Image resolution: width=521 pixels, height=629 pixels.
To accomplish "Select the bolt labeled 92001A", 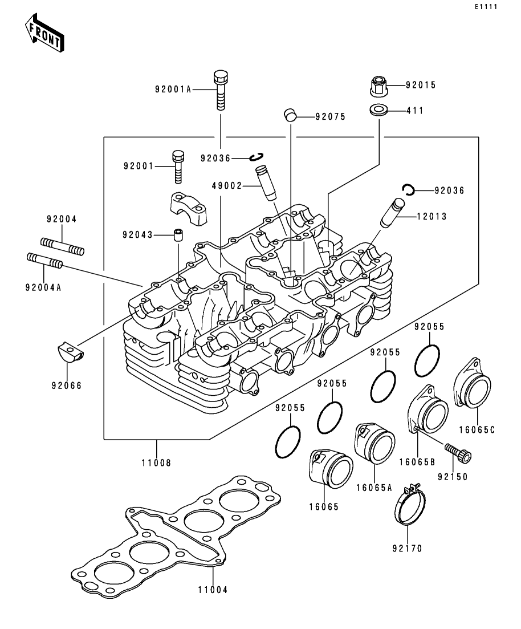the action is pyautogui.click(x=220, y=90).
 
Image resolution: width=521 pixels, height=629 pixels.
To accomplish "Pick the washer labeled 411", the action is pyautogui.click(x=378, y=110).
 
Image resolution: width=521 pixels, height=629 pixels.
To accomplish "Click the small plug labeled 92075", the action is pyautogui.click(x=290, y=114).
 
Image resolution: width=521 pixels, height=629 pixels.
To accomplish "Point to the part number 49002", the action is pyautogui.click(x=227, y=186).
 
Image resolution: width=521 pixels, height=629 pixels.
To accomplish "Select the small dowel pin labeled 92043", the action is pyautogui.click(x=178, y=235).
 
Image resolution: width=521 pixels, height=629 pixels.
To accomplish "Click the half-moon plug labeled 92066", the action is pyautogui.click(x=70, y=352).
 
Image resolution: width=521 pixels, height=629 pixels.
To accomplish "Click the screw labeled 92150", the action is pyautogui.click(x=458, y=451).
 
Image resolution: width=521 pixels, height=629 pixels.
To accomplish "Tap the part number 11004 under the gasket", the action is pyautogui.click(x=213, y=590).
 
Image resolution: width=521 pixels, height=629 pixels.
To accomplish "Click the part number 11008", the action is pyautogui.click(x=156, y=463).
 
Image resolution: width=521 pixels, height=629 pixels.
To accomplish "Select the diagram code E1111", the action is pyautogui.click(x=486, y=7).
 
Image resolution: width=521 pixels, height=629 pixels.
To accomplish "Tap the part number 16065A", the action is pyautogui.click(x=374, y=488).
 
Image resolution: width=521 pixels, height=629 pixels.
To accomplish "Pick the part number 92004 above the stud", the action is pyautogui.click(x=62, y=219).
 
